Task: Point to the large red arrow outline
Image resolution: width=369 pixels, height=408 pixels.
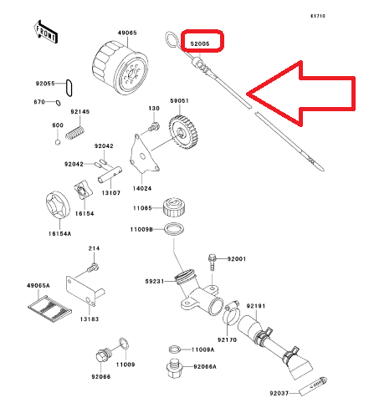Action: [305, 93]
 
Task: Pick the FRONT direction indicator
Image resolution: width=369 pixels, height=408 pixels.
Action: [47, 33]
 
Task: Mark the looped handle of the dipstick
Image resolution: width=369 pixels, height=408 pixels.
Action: [171, 38]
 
